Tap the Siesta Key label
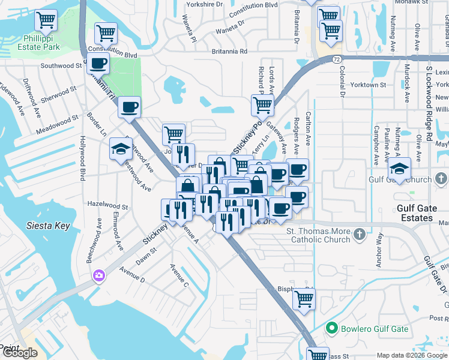click(x=48, y=226)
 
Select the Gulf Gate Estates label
click(x=423, y=213)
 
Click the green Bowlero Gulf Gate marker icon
click(x=330, y=328)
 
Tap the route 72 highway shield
click(x=338, y=59)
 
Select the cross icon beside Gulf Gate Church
click(x=441, y=179)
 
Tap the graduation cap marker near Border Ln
click(x=121, y=148)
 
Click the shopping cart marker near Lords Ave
click(x=262, y=105)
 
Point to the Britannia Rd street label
click(x=229, y=52)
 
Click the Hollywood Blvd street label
click(x=82, y=158)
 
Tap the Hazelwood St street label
click(x=108, y=206)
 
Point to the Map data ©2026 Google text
click(x=412, y=355)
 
